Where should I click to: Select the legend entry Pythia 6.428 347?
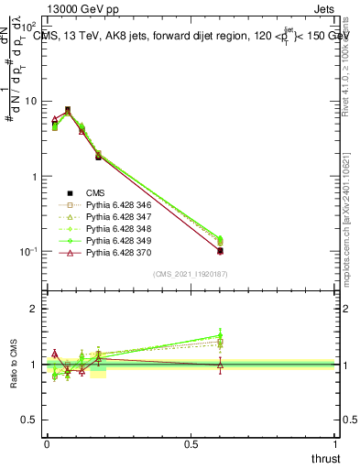tap(116, 217)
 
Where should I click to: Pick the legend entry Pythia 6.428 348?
tap(116, 228)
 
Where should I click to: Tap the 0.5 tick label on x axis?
tap(191, 443)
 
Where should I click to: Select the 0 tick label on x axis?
tap(47, 443)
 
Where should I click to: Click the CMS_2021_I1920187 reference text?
tap(190, 274)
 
